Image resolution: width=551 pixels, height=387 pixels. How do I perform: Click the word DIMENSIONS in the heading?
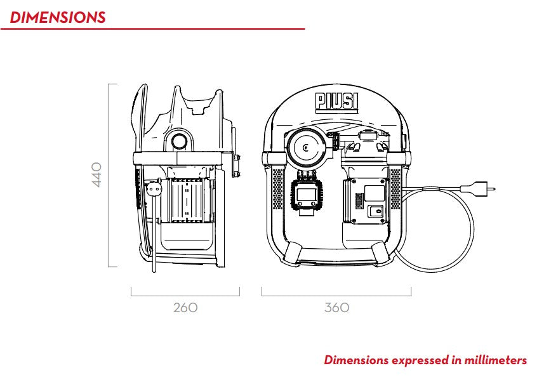(58, 17)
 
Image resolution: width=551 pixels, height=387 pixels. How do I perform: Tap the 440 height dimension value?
(97, 174)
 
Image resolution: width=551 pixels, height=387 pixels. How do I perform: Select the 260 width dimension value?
(185, 308)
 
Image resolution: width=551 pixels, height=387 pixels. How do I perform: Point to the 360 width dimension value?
(336, 308)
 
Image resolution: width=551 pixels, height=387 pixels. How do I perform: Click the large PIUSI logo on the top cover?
(336, 102)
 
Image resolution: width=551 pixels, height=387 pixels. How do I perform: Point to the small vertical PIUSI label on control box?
(357, 200)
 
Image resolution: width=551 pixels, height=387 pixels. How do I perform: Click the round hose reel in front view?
(307, 148)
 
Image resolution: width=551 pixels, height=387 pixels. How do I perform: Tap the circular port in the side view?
(180, 140)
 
